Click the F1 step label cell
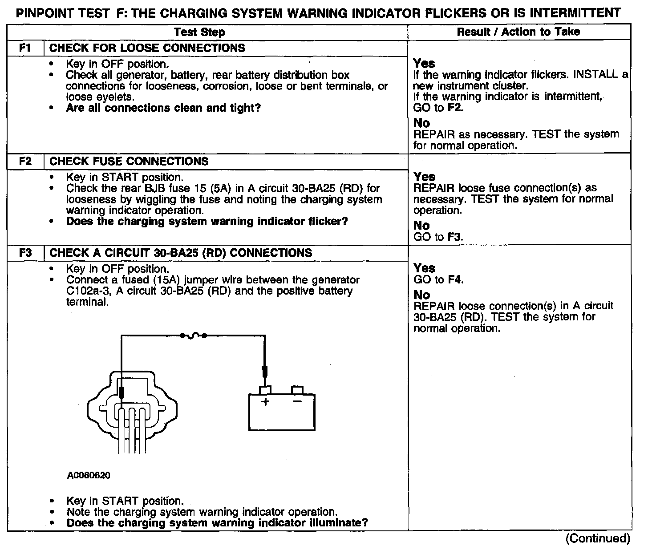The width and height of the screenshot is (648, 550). [x=25, y=48]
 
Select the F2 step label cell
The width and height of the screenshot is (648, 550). [x=25, y=161]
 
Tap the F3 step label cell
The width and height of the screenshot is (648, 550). [x=25, y=253]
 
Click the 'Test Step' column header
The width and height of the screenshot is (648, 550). [x=199, y=32]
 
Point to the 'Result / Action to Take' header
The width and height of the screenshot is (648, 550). [x=518, y=32]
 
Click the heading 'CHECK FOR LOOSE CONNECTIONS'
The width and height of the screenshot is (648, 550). [x=147, y=48]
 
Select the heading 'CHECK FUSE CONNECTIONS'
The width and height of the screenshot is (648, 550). [x=129, y=161]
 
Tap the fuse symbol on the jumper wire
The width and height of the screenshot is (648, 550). [x=192, y=336]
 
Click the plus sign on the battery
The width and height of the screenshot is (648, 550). [x=265, y=402]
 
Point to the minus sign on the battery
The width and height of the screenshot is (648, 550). [x=297, y=402]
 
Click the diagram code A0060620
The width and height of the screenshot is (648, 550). [x=89, y=475]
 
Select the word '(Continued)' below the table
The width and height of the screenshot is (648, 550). [x=598, y=538]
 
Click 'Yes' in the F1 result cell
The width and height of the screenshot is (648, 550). [x=424, y=64]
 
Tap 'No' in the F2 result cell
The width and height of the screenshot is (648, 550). [x=421, y=226]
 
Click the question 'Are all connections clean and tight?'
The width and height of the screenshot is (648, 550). [x=163, y=108]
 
